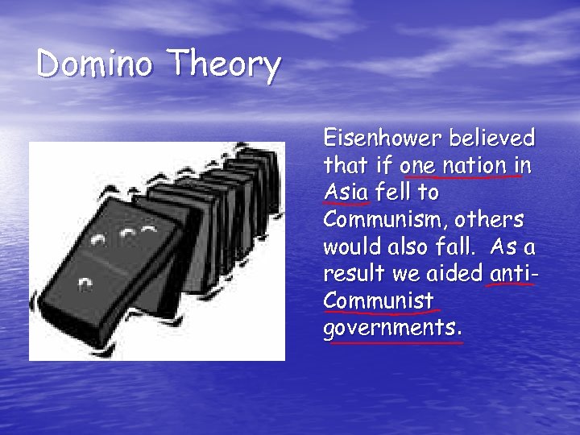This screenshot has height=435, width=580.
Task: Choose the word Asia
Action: coord(346,193)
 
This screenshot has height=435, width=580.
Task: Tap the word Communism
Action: coord(387,220)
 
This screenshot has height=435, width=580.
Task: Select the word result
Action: coord(350,275)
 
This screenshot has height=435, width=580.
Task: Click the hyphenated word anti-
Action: coord(513,275)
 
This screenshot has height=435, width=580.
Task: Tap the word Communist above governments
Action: coord(379,302)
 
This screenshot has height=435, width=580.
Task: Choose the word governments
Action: coord(391,329)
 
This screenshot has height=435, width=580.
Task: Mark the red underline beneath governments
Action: coord(393,342)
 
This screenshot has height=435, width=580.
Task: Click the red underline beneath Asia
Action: coord(346,205)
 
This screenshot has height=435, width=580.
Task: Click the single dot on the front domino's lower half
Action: coord(85,285)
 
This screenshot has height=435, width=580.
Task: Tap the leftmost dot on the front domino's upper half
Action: coord(98,240)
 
